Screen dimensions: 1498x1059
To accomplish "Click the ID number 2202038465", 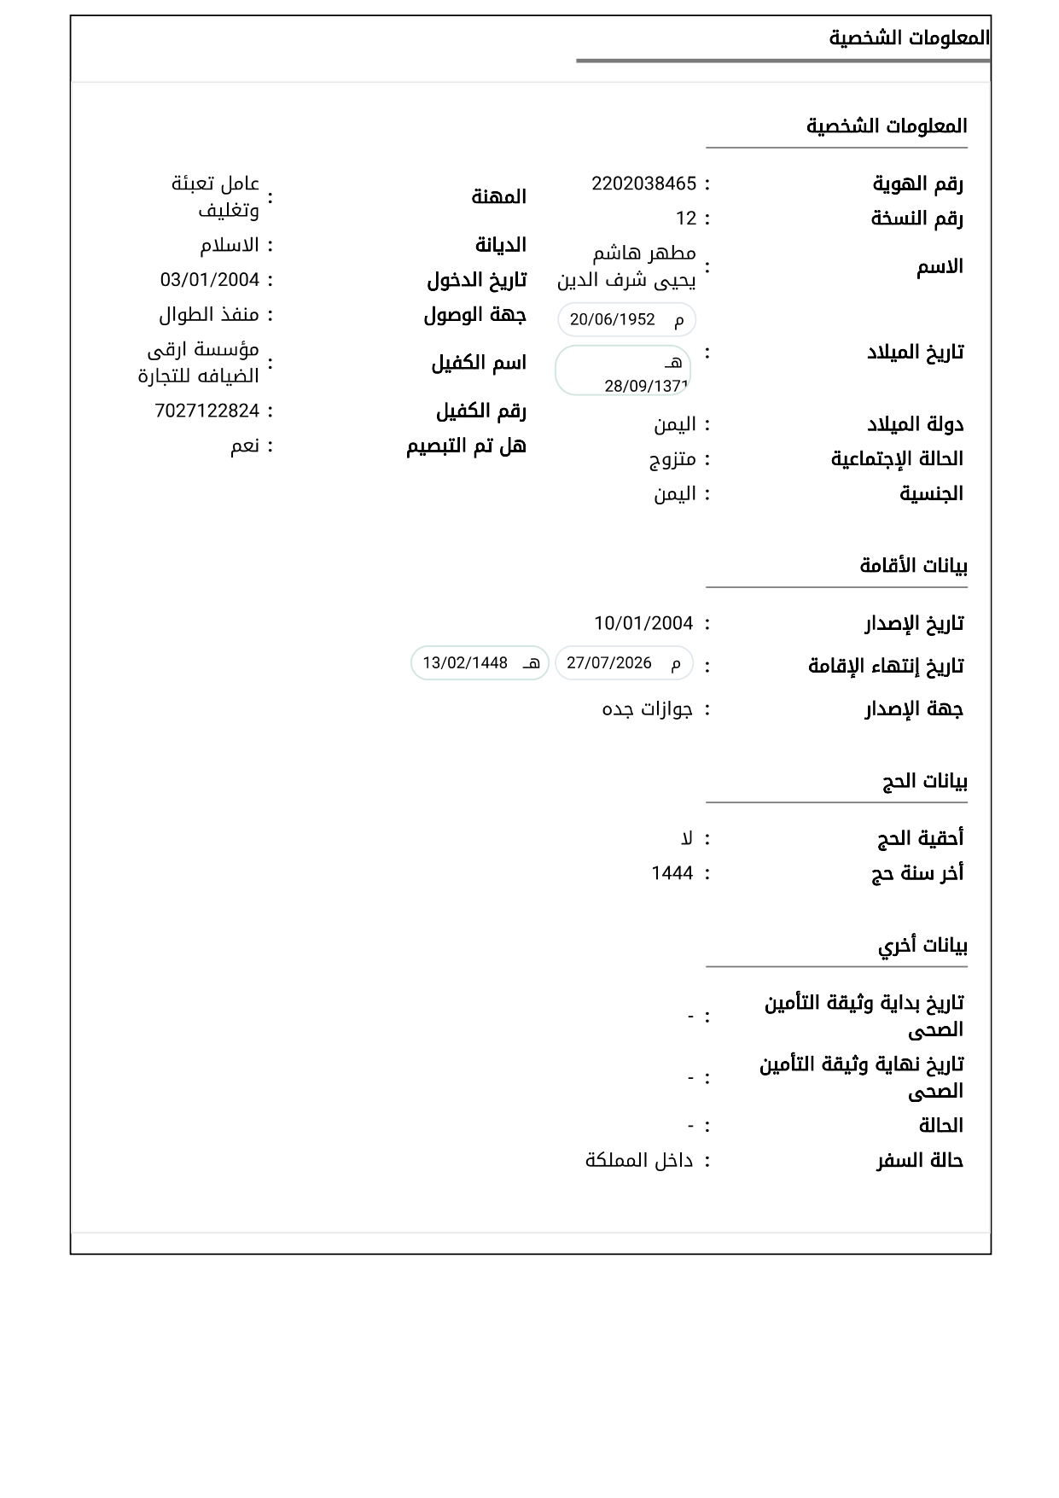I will coord(643,184).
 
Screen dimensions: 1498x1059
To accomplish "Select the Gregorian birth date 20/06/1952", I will coord(613,319).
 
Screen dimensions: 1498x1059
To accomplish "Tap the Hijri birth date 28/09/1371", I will coord(646,386).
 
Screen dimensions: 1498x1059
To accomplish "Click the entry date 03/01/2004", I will coord(210,280).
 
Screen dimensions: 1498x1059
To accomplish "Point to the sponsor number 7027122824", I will coord(207,411).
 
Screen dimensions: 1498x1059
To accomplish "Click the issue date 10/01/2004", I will coord(643,623).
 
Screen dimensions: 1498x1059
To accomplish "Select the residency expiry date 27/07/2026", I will coord(609,663).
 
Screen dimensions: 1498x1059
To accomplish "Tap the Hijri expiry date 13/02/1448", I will coord(465,663).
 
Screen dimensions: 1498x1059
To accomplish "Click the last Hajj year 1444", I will coord(672,873).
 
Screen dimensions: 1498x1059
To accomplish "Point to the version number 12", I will coord(686,219).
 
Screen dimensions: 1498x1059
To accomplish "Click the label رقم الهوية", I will coord(917,184).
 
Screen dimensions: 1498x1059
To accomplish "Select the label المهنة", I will coord(499,197).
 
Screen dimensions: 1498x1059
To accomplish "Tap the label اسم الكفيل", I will coord(479,363).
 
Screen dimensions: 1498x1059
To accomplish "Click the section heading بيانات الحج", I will coord(924,781).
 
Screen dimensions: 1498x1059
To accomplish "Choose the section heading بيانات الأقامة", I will coord(913,566).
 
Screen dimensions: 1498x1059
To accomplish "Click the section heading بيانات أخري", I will coord(922,946).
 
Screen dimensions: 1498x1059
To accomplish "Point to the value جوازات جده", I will coord(648,709).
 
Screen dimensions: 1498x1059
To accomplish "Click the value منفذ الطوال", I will coord(209,315).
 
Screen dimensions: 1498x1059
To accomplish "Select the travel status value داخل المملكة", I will coord(639,1161).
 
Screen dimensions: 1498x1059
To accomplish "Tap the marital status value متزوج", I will coord(672,459).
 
